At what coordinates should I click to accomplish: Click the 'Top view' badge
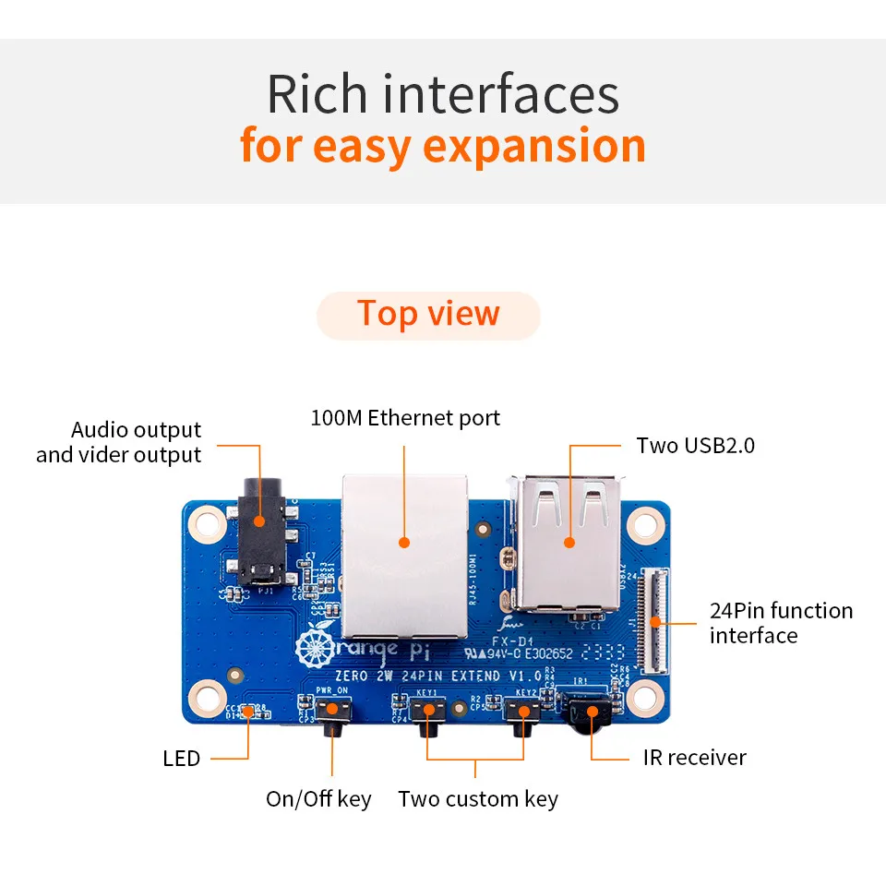(x=428, y=315)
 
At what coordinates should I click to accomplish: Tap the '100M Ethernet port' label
(x=405, y=418)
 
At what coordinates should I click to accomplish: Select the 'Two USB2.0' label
(x=695, y=446)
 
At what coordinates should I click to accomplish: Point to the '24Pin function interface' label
(x=781, y=623)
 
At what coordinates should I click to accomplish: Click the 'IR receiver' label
(x=694, y=758)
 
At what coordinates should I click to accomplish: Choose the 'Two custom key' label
(x=477, y=798)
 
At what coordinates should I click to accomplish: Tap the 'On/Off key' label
(x=318, y=798)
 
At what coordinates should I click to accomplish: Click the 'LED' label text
(x=181, y=759)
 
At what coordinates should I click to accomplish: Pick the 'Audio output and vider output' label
(x=119, y=442)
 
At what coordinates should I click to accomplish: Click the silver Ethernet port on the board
(x=404, y=554)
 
